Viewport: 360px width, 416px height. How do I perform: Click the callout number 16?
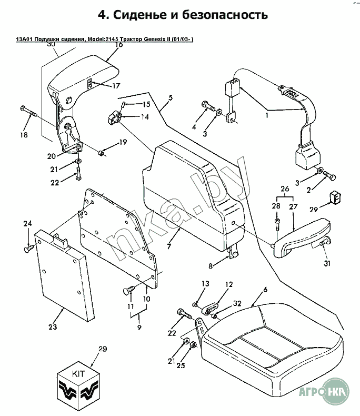[118, 45]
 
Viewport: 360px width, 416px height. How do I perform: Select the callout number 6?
[265, 290]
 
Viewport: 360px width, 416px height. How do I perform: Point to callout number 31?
[326, 264]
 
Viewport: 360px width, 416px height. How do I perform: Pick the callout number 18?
[24, 135]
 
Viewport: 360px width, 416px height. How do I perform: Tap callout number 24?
[27, 224]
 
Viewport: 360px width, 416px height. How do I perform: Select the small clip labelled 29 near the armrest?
[333, 196]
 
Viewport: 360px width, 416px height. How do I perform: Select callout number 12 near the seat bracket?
[228, 284]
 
